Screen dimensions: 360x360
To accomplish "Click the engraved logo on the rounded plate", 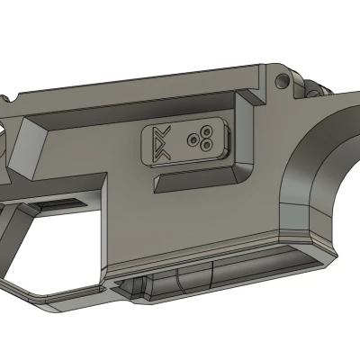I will [161, 143].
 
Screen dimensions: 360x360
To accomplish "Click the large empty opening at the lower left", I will [54, 243].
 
